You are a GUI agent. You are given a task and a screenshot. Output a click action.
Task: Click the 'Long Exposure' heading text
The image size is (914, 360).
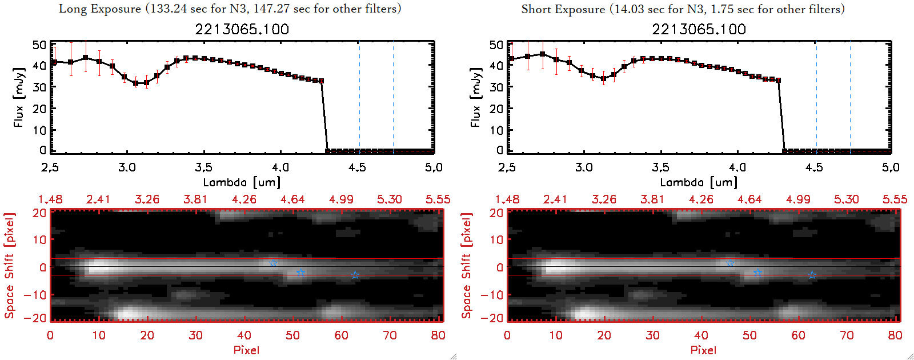point(100,9)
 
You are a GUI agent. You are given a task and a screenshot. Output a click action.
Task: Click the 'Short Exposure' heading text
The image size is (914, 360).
point(563,9)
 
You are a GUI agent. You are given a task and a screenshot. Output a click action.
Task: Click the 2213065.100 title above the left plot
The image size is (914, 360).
point(242,29)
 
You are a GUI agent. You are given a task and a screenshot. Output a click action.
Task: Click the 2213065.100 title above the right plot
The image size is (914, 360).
point(699,29)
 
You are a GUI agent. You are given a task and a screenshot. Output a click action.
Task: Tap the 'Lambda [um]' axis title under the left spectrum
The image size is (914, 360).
point(242,182)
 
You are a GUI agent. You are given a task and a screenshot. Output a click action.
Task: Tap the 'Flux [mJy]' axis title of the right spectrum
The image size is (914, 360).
point(476,97)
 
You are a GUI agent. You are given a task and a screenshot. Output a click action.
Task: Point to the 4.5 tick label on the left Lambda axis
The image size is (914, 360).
point(357,167)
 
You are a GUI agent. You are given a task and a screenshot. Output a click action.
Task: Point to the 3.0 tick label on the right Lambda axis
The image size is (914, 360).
point(584,167)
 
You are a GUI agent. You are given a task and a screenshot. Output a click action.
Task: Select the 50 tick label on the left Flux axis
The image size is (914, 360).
point(39,45)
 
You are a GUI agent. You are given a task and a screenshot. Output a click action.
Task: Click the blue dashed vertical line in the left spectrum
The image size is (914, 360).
point(393,97)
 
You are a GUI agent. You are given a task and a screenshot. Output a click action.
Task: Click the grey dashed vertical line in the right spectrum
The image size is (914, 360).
point(816,97)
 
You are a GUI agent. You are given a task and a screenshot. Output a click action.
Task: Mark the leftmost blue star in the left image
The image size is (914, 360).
point(273,263)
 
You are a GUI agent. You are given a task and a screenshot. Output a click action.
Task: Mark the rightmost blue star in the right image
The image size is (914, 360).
point(812,275)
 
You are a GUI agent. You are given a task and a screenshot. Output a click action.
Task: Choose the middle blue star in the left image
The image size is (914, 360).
point(300,273)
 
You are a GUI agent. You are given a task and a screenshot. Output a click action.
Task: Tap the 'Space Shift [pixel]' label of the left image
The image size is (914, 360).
point(10,266)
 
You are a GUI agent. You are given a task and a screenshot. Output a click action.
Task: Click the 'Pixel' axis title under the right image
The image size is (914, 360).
point(703,350)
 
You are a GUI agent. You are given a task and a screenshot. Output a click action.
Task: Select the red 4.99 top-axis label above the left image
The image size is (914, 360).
point(341,199)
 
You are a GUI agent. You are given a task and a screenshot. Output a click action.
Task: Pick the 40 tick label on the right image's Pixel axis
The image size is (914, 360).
point(701,335)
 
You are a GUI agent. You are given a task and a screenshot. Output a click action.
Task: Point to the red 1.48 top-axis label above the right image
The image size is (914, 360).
point(507,199)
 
